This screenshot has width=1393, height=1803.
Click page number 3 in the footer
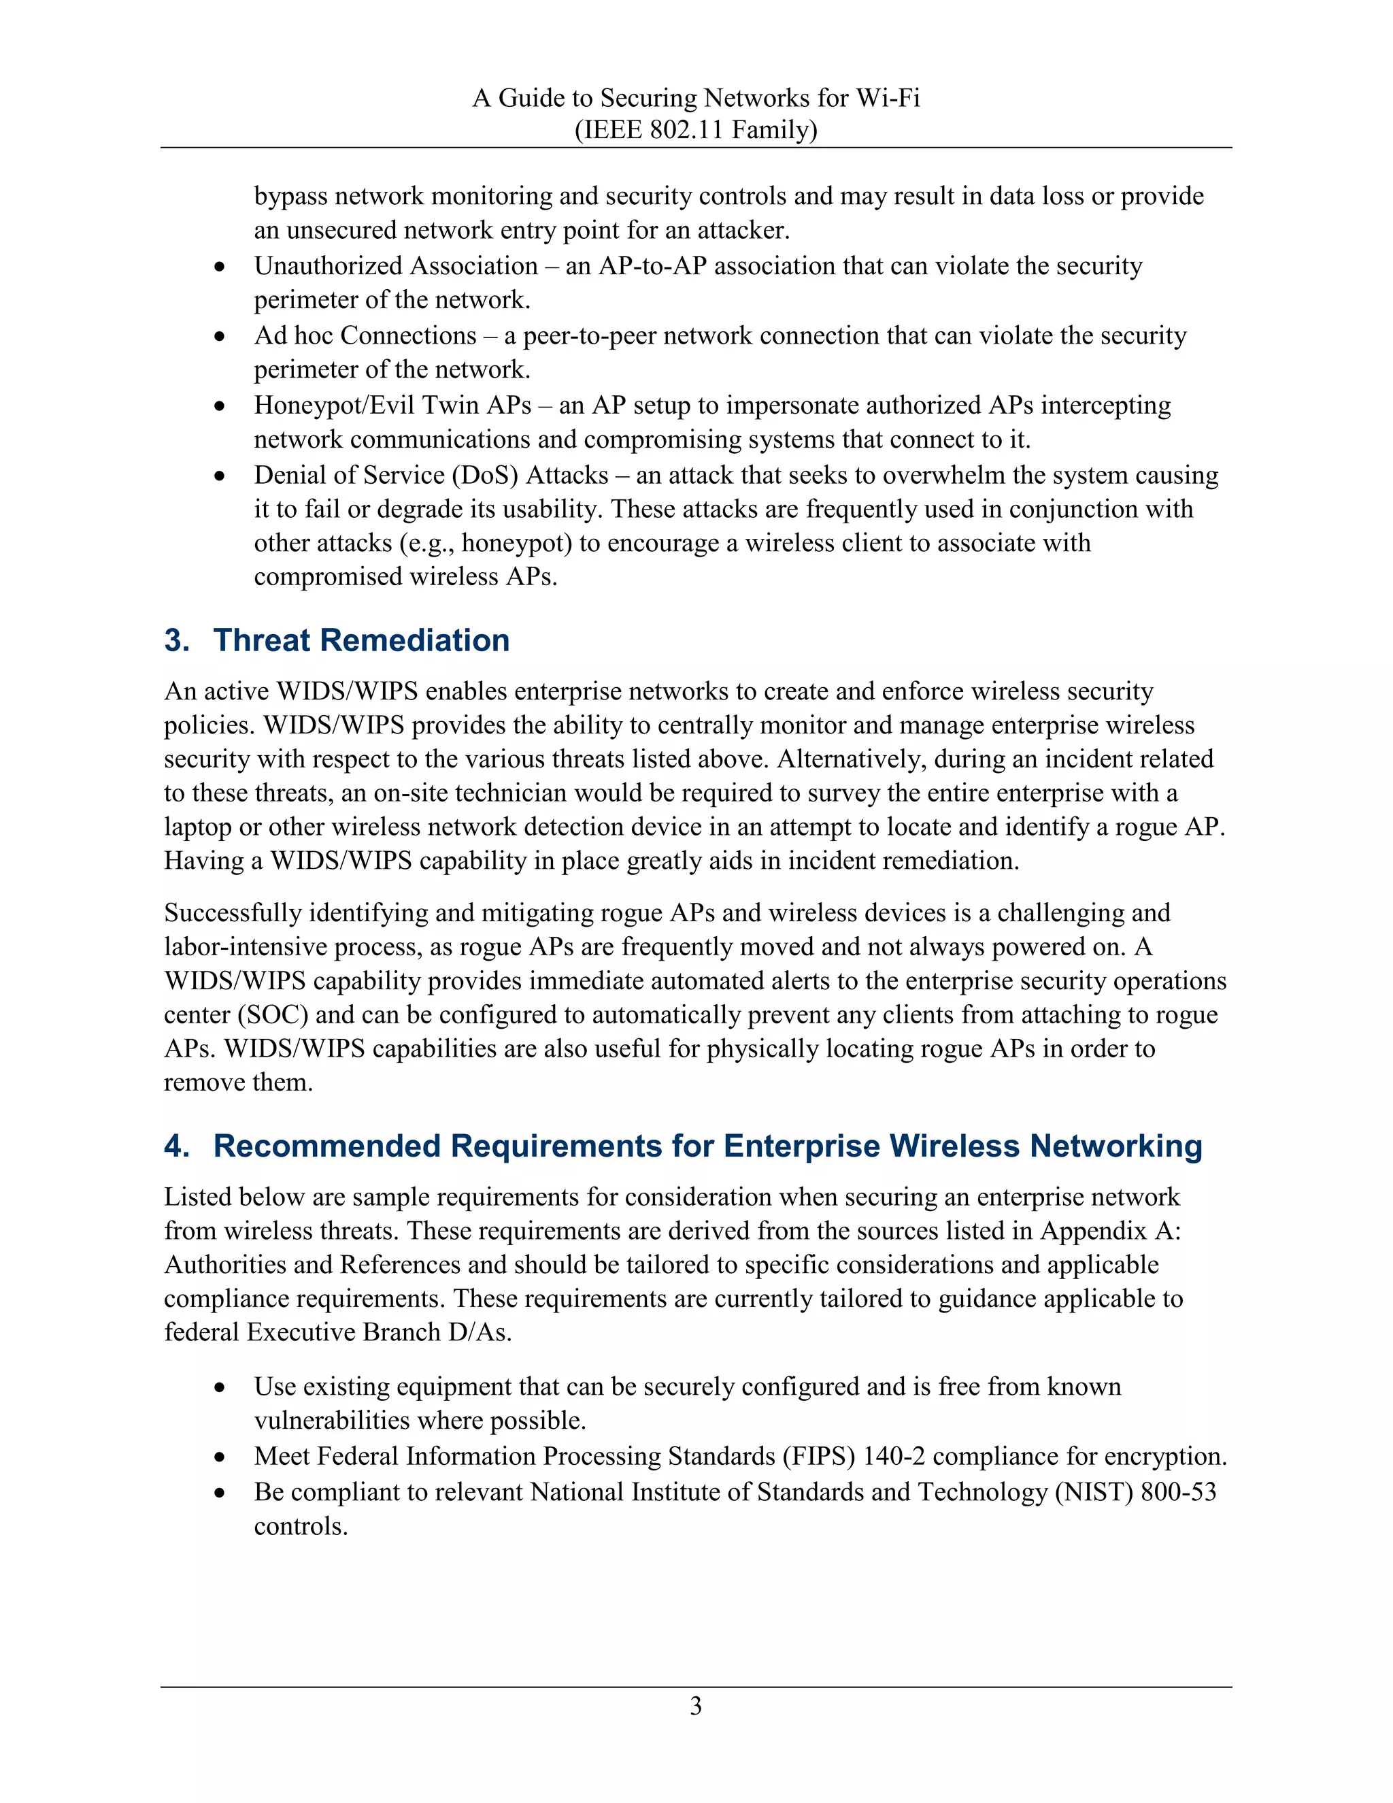[x=696, y=1706]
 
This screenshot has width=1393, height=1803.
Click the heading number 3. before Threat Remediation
[x=178, y=641]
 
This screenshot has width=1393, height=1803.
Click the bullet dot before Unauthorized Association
[x=219, y=267]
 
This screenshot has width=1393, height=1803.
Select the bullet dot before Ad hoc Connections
[x=219, y=337]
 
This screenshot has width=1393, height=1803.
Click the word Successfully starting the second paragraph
[x=233, y=913]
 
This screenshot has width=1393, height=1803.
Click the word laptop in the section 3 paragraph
[x=198, y=827]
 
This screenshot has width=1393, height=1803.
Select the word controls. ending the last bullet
[x=301, y=1525]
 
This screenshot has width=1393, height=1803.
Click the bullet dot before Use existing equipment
[x=219, y=1388]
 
